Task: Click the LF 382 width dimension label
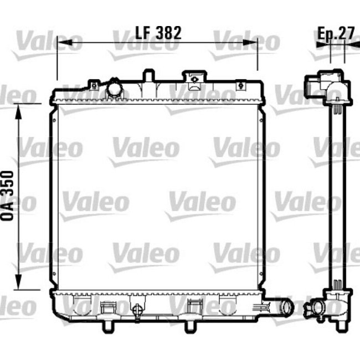[158, 33]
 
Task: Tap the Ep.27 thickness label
[336, 33]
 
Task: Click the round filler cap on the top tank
[115, 88]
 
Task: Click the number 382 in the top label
[169, 33]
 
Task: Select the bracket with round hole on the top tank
[194, 79]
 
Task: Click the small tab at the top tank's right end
[241, 85]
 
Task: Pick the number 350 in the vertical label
[8, 182]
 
